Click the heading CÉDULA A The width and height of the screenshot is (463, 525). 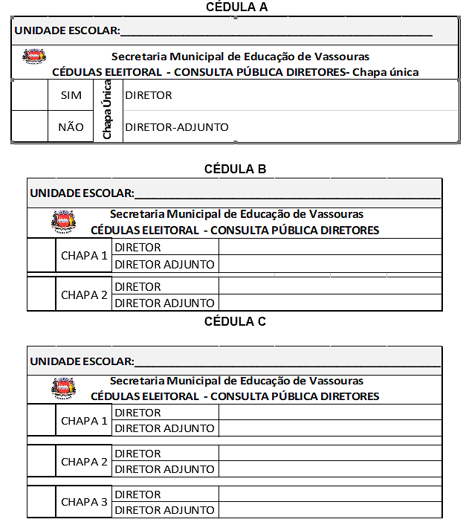[236, 7]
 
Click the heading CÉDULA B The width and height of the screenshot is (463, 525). [235, 169]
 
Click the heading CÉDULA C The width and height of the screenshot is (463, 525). [235, 322]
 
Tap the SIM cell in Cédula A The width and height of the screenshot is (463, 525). [71, 95]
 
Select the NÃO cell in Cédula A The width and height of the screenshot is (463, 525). [71, 126]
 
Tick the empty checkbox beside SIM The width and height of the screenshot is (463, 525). [30, 95]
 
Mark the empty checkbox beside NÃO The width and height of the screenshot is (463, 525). [30, 126]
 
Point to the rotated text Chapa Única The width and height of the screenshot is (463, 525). [107, 110]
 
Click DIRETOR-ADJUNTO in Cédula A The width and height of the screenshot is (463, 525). [177, 127]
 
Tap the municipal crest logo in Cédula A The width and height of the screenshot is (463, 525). [34, 57]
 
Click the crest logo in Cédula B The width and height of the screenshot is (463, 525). [63, 222]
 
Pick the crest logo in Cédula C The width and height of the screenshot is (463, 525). [63, 388]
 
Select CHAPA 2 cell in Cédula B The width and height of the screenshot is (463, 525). [84, 294]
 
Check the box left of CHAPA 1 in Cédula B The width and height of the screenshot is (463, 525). [42, 256]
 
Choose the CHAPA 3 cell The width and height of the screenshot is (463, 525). [84, 502]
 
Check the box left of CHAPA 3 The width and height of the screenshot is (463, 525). [42, 502]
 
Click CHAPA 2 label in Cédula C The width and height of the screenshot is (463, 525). [84, 462]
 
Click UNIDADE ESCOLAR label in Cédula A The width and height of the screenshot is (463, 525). [66, 30]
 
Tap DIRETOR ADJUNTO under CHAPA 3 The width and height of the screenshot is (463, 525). [165, 510]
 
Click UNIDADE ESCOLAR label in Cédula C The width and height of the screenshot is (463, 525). [82, 361]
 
